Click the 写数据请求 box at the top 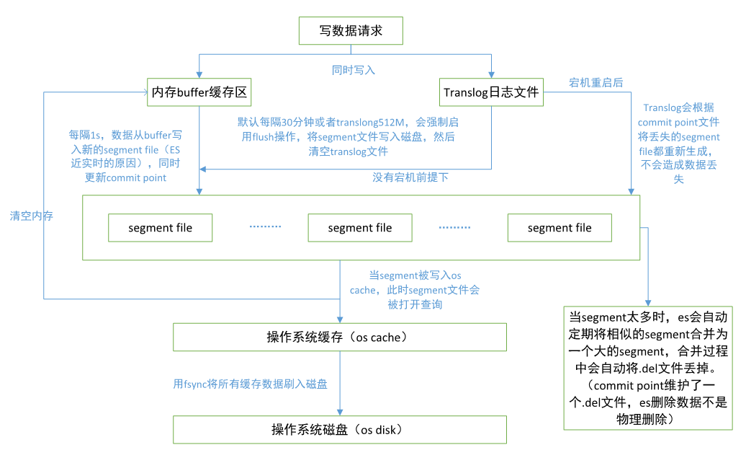351,31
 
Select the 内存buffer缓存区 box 199,92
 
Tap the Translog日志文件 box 492,92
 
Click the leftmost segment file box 161,228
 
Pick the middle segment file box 360,228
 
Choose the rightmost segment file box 559,228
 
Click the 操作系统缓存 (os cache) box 340,337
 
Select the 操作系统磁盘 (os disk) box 340,430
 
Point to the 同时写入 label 353,70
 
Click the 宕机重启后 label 596,83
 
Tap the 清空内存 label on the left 32,216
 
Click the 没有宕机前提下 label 410,177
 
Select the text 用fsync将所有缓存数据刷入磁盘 251,384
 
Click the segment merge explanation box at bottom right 648,368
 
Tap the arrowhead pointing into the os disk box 340,413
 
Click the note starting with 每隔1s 126,156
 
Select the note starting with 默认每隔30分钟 348,137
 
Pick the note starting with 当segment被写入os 415,290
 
